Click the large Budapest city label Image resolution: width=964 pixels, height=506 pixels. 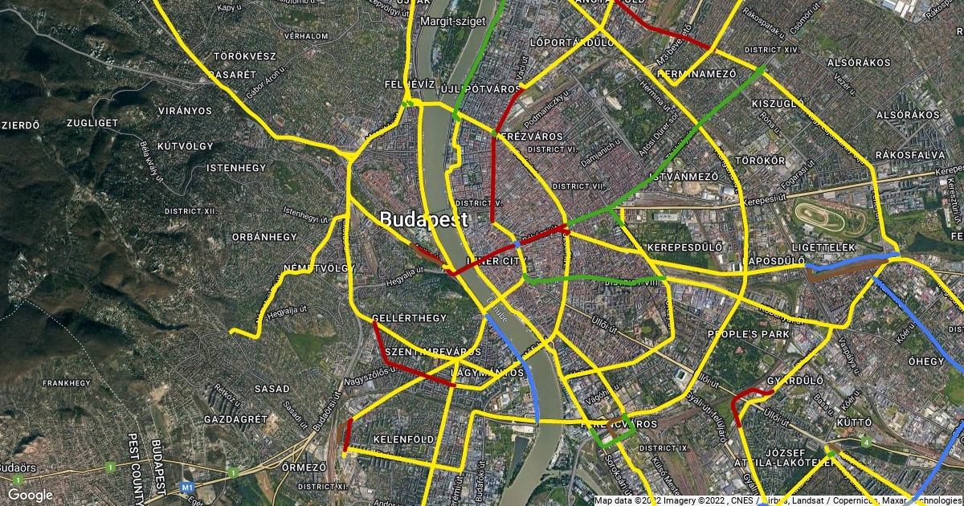(423, 219)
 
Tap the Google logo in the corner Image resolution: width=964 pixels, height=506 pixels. (31, 495)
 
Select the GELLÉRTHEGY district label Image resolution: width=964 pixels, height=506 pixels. (410, 318)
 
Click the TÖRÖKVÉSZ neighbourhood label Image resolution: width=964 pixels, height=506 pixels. (245, 56)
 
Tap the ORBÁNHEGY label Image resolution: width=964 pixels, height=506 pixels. (264, 237)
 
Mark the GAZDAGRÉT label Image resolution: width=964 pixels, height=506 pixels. (235, 419)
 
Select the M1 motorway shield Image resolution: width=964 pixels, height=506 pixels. (188, 487)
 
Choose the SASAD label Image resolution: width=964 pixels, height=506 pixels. (272, 389)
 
